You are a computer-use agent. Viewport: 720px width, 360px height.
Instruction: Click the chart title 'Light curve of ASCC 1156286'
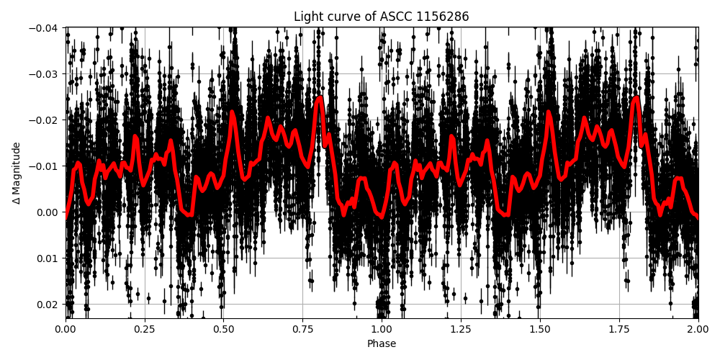pyautogui.click(x=382, y=17)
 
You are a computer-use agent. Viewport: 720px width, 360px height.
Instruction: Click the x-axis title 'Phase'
pyautogui.click(x=382, y=344)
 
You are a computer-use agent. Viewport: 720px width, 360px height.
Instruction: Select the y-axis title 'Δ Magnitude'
pyautogui.click(x=17, y=173)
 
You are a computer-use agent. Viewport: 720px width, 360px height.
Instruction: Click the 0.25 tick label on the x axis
pyautogui.click(x=145, y=330)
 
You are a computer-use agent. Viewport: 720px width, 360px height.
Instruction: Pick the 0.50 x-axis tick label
pyautogui.click(x=223, y=330)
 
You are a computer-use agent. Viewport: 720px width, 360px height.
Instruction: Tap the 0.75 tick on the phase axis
pyautogui.click(x=302, y=330)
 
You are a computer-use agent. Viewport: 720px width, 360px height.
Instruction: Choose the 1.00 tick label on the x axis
pyautogui.click(x=382, y=330)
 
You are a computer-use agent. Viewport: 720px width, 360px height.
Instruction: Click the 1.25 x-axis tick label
pyautogui.click(x=461, y=330)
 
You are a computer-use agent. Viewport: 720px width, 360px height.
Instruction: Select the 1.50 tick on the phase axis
pyautogui.click(x=540, y=330)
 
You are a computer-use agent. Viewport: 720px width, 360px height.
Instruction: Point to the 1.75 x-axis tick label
pyautogui.click(x=619, y=330)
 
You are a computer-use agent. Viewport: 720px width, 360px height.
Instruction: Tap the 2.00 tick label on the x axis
pyautogui.click(x=698, y=330)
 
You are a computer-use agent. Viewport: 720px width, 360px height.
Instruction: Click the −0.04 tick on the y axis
pyautogui.click(x=44, y=28)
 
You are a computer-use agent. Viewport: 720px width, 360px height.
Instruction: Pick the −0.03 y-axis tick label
pyautogui.click(x=44, y=74)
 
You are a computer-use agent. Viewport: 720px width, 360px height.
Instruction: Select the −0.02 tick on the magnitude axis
pyautogui.click(x=44, y=120)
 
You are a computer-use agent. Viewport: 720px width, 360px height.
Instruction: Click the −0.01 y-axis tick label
pyautogui.click(x=44, y=166)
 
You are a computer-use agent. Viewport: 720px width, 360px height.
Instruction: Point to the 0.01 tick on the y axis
pyautogui.click(x=47, y=258)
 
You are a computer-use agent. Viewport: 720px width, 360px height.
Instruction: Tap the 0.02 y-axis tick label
pyautogui.click(x=47, y=305)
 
